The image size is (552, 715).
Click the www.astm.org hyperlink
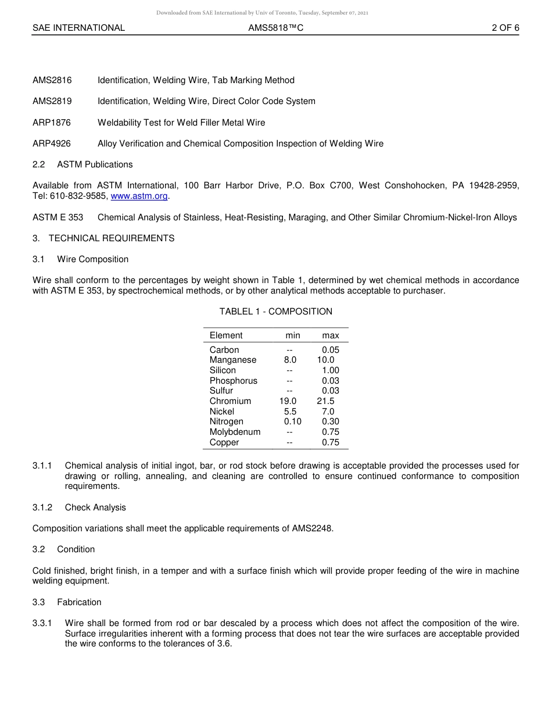pyautogui.click(x=139, y=196)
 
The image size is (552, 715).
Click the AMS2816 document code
pyautogui.click(x=52, y=80)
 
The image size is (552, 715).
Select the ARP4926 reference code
pyautogui.click(x=52, y=144)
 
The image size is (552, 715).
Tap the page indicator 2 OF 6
pyautogui.click(x=505, y=28)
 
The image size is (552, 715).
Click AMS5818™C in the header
pyautogui.click(x=275, y=28)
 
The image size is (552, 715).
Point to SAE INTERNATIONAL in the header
pyautogui.click(x=78, y=28)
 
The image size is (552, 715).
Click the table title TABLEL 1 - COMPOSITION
pyautogui.click(x=275, y=312)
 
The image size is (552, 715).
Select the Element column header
pyautogui.click(x=226, y=335)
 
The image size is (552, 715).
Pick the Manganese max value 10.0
pyautogui.click(x=325, y=360)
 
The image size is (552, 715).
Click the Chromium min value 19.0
pyautogui.click(x=288, y=401)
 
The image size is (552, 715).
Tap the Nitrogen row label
pyautogui.click(x=227, y=421)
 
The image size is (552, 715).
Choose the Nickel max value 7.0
pyautogui.click(x=328, y=412)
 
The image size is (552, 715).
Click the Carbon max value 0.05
pyautogui.click(x=331, y=350)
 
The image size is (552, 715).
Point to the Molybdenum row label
pyautogui.click(x=235, y=432)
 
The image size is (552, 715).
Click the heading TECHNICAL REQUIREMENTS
pyautogui.click(x=112, y=238)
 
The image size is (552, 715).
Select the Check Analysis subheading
pyautogui.click(x=95, y=507)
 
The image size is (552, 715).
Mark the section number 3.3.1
pyautogui.click(x=42, y=623)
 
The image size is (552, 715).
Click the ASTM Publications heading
pyautogui.click(x=95, y=165)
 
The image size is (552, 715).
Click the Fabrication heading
pyautogui.click(x=79, y=602)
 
